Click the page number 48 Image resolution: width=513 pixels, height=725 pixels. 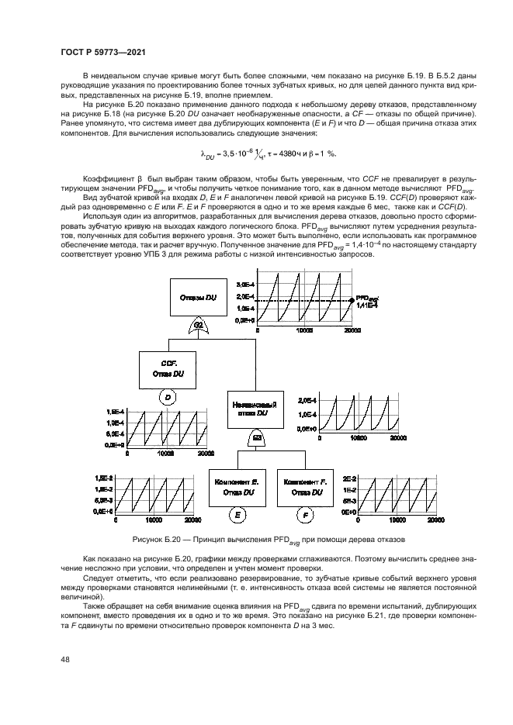pyautogui.click(x=65, y=660)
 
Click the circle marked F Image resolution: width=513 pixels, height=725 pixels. pyautogui.click(x=305, y=513)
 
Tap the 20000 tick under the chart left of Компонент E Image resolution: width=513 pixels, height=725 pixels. pyautogui.click(x=194, y=520)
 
